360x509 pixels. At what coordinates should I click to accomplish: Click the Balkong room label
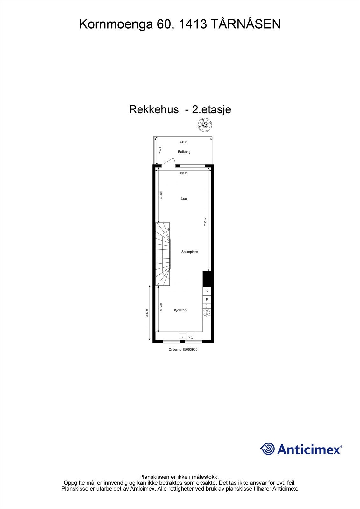(x=184, y=152)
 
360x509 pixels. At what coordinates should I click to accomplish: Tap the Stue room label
(x=184, y=199)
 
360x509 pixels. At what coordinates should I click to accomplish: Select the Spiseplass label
(x=190, y=252)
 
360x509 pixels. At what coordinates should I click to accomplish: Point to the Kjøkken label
(x=180, y=310)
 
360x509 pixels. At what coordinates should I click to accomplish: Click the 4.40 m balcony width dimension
(x=183, y=142)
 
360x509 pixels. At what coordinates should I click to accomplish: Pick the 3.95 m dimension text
(x=183, y=173)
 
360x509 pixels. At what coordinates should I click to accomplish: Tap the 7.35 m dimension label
(x=205, y=221)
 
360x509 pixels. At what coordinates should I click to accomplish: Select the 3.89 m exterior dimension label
(x=147, y=313)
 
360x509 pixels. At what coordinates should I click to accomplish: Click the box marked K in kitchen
(x=207, y=291)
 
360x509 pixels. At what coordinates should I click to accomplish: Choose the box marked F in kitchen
(x=207, y=300)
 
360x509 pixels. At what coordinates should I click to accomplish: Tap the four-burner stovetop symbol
(x=207, y=312)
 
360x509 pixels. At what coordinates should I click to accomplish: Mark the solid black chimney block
(x=207, y=279)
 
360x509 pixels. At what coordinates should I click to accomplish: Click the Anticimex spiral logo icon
(x=267, y=449)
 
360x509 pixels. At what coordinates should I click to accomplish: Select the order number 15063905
(x=183, y=349)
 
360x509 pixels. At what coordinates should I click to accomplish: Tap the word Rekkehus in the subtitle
(x=154, y=109)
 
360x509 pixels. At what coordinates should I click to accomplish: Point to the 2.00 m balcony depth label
(x=159, y=150)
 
